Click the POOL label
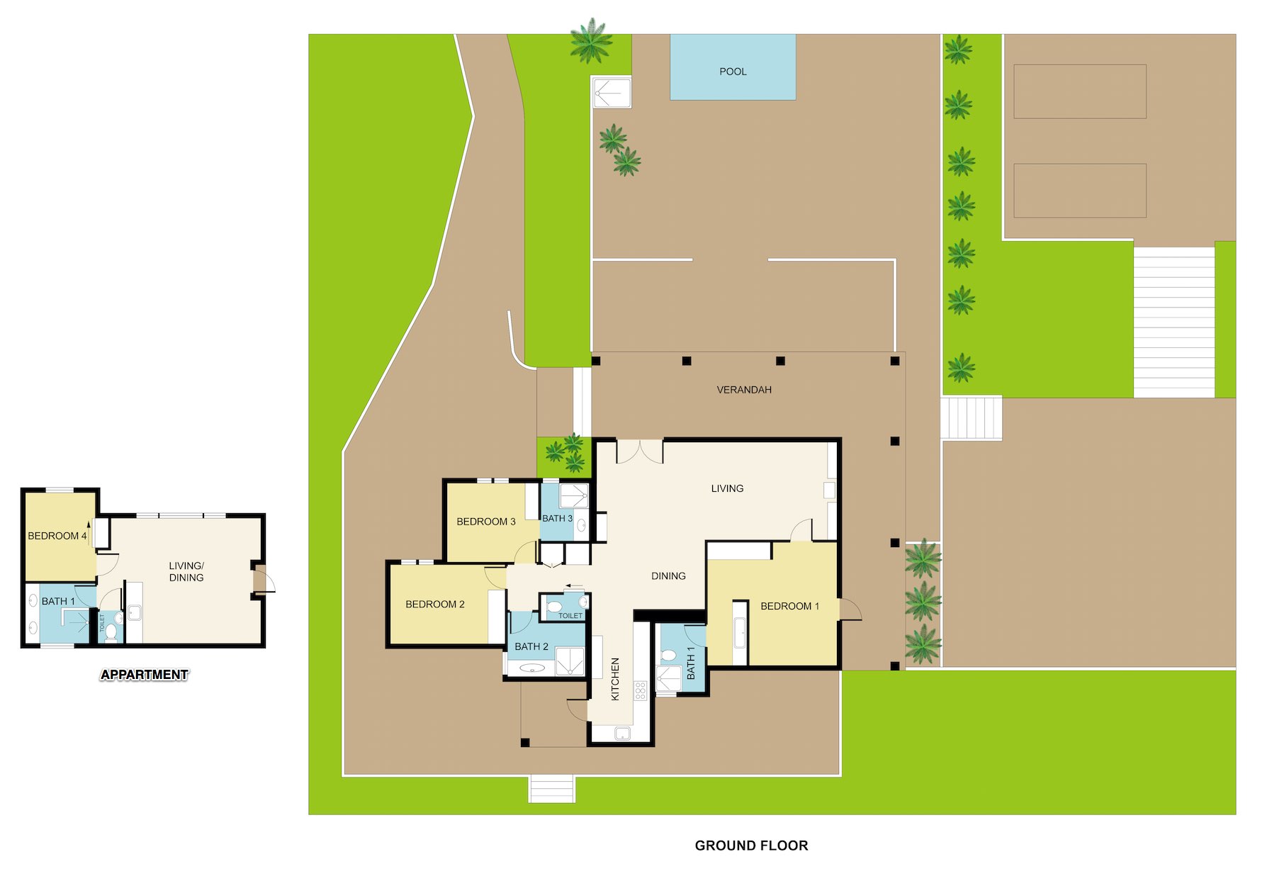pos(733,72)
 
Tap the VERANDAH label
pos(744,390)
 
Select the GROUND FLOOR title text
pos(751,846)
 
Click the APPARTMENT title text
pos(145,675)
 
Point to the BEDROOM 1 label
pos(789,606)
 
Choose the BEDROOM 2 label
pos(435,605)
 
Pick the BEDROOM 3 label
pos(486,522)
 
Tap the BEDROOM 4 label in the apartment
pos(57,536)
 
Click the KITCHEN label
pos(615,679)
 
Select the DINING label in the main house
pos(668,576)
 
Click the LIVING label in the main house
pos(727,488)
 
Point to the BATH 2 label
pos(531,646)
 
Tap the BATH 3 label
pos(557,518)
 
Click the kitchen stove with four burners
pos(641,691)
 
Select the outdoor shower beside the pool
pos(612,92)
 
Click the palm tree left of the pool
pos(591,40)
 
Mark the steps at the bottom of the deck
pos(551,789)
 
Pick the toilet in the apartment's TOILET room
pos(111,631)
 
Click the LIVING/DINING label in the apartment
pos(186,571)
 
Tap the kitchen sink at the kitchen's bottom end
pos(622,734)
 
